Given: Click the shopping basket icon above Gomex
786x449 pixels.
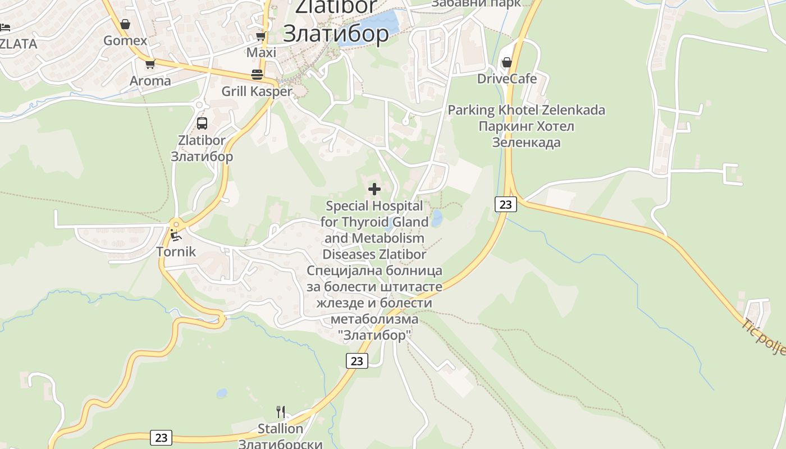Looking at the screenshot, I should (125, 24).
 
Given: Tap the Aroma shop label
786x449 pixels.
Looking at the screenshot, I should (150, 81).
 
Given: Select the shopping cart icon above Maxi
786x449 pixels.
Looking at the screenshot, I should (261, 36).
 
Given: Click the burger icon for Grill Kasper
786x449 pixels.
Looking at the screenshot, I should (257, 75).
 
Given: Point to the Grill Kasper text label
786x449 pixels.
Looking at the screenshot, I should (257, 91).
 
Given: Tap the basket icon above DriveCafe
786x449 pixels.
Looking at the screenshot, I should (507, 62).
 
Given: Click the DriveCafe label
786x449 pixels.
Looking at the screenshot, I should (506, 79).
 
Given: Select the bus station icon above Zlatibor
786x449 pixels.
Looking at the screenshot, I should (202, 123).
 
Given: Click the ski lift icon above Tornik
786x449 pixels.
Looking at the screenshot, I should (176, 235).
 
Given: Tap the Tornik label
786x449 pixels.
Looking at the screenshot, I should (176, 251).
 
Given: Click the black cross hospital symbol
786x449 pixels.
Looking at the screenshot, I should (374, 189).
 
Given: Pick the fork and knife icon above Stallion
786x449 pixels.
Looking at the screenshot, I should (281, 412).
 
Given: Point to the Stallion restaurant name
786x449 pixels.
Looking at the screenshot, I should (280, 429).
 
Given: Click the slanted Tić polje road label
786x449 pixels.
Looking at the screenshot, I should (764, 337).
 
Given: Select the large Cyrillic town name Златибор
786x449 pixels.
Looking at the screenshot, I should (335, 34).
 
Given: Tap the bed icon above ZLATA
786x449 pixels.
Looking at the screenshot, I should (5, 27).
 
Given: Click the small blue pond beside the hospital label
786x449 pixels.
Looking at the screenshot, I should (436, 218).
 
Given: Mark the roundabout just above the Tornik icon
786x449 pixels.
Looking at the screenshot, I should (176, 223).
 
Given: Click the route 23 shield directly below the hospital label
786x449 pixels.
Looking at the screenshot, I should (357, 361).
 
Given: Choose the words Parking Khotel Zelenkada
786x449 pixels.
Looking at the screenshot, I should (526, 110).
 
